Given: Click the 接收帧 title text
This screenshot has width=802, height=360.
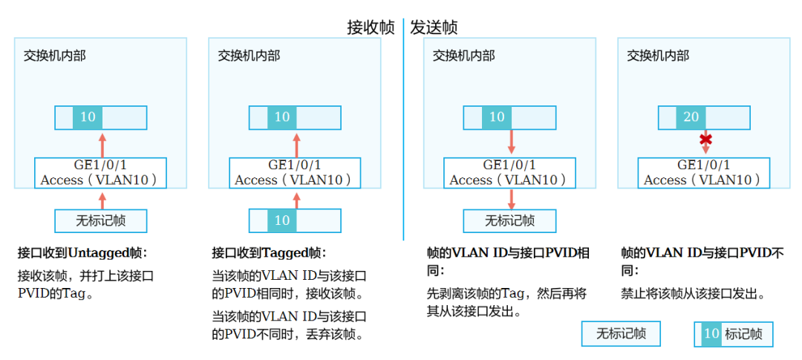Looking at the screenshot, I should pos(371,27).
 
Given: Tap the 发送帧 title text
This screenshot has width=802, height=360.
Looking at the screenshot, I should pos(434,27).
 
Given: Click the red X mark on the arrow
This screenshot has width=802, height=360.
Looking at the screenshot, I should pos(705,140).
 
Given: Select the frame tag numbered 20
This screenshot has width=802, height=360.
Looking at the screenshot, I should pos(691,117).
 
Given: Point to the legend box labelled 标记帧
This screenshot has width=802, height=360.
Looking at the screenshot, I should pos(733,334).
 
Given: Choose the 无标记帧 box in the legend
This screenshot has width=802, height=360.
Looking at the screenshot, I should pos(621,334).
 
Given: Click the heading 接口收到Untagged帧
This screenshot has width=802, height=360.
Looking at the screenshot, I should pos(82,252).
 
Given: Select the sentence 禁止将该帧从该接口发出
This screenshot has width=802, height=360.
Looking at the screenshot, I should pos(693,294).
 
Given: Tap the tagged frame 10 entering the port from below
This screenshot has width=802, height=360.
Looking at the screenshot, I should pos(295,220).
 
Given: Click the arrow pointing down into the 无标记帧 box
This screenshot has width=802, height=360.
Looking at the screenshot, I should pos(511,198).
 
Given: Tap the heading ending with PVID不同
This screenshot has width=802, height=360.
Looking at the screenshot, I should pos(702,261).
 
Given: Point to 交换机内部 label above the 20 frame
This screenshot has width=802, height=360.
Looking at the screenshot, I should pos(658,56).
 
